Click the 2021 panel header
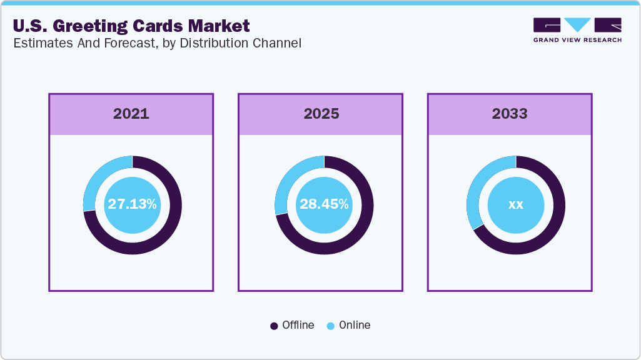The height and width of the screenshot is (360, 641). coord(131,114)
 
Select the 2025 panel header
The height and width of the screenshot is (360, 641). coord(321,114)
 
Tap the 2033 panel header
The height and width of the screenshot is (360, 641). coord(510,114)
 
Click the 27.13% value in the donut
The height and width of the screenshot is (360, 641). coord(132,204)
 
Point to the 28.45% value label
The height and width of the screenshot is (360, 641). coord(324,204)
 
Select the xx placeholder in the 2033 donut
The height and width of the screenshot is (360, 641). coord(516,205)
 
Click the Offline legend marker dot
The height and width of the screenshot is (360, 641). coord(274,326)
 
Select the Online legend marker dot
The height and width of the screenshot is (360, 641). coord(330,326)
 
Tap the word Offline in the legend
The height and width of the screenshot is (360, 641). coord(298,325)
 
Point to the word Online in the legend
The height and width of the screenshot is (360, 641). coord(355,325)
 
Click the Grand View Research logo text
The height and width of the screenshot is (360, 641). coord(577,39)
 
